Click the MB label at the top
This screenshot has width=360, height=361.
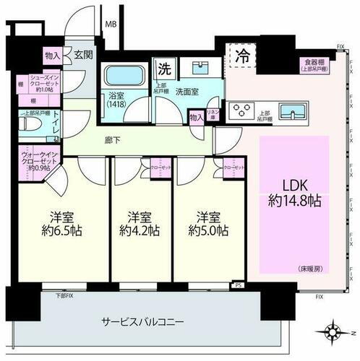[x=111, y=24]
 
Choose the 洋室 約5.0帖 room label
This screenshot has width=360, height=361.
[x=207, y=223]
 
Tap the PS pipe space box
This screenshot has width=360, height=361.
[x=238, y=286]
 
